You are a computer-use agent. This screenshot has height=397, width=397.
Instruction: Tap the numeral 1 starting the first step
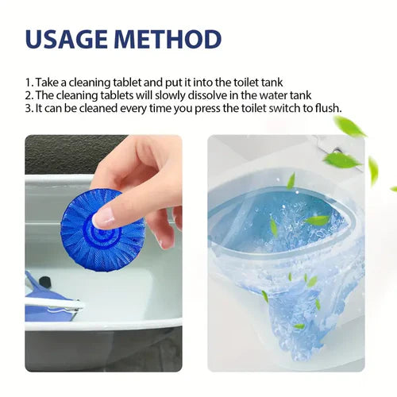tap(26, 82)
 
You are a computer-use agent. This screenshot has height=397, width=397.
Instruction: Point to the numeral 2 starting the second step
tap(27, 95)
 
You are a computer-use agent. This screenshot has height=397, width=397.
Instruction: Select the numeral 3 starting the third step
tap(27, 109)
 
